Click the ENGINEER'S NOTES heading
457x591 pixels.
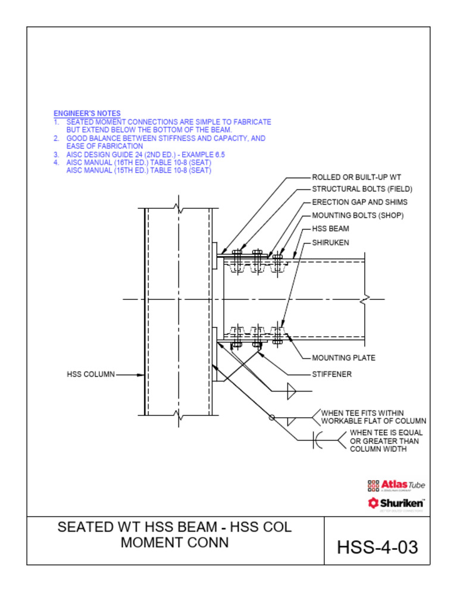coord(87,113)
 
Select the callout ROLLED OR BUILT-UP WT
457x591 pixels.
coord(356,177)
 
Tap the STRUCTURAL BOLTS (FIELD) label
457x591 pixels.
coord(362,189)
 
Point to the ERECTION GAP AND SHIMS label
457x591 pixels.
coord(359,202)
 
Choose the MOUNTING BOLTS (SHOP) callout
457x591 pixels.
coord(358,215)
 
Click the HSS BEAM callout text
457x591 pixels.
coord(330,229)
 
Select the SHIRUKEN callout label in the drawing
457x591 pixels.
coord(330,243)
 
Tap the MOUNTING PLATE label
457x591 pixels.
coord(343,358)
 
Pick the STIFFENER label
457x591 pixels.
coord(331,374)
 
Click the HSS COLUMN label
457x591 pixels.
coord(90,374)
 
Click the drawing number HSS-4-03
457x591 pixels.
coord(377,547)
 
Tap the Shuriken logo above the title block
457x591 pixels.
coord(396,504)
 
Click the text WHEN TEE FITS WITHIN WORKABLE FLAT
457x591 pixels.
coord(373,417)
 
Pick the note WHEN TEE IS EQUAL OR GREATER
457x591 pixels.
coord(384,441)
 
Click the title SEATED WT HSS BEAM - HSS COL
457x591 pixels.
coord(174,527)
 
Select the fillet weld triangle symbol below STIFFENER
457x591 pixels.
coord(292,391)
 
